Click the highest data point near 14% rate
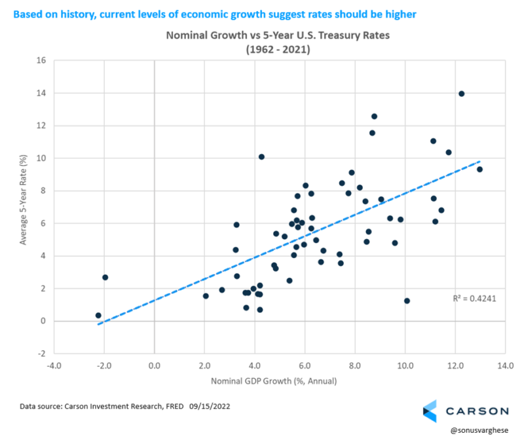click(461, 94)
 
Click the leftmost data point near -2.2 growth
click(98, 316)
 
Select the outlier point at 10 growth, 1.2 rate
click(407, 301)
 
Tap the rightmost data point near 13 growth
click(479, 170)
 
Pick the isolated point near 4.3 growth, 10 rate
click(261, 157)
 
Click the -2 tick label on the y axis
click(41, 354)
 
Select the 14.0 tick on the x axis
click(505, 366)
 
